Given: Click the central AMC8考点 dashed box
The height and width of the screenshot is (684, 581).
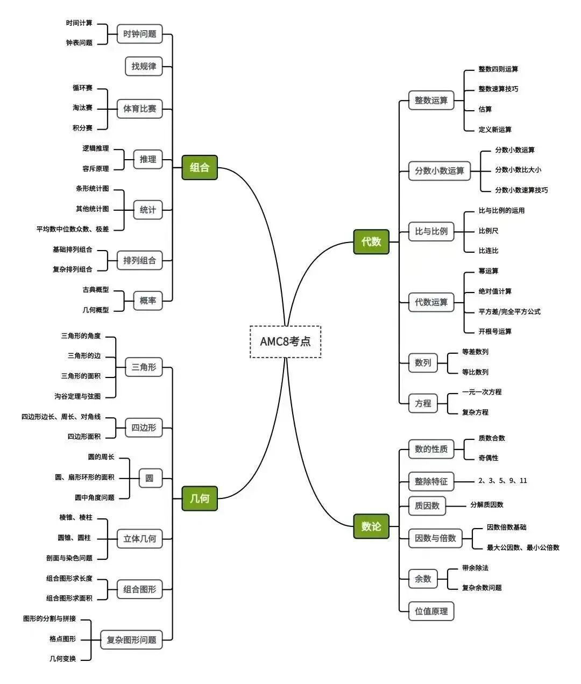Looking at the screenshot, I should (285, 341).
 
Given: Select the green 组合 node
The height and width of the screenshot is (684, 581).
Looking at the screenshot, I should (200, 167).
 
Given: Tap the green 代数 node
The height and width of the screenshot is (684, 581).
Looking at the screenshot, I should (371, 242).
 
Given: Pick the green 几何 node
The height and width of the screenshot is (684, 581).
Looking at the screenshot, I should (200, 498).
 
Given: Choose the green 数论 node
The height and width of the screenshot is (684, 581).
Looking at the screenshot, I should (371, 526).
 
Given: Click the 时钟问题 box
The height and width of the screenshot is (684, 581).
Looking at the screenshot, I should (140, 34).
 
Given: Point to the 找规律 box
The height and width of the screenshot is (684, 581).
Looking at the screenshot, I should (144, 66).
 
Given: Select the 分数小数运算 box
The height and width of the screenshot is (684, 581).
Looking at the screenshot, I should (439, 171).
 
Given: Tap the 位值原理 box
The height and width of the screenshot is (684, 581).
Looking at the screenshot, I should (431, 611).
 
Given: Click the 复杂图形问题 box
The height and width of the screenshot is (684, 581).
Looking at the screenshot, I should (131, 640).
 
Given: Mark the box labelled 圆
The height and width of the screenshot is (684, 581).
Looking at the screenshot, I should (150, 478).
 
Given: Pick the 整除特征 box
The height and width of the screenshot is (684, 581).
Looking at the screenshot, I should (431, 481).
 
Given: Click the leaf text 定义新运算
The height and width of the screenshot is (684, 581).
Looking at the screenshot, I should (495, 130).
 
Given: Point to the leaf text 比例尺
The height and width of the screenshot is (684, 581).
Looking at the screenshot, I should (488, 231).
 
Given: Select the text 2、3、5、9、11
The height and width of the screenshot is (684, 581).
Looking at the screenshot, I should (502, 481).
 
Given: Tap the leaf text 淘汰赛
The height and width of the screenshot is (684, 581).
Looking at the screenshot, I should (82, 108).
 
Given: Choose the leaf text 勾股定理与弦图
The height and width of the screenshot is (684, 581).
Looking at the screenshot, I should (77, 396).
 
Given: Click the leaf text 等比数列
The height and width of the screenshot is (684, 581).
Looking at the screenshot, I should (475, 372).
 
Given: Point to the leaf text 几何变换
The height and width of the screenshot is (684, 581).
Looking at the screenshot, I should (62, 659).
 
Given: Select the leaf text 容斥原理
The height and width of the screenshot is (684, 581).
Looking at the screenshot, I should (95, 169).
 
